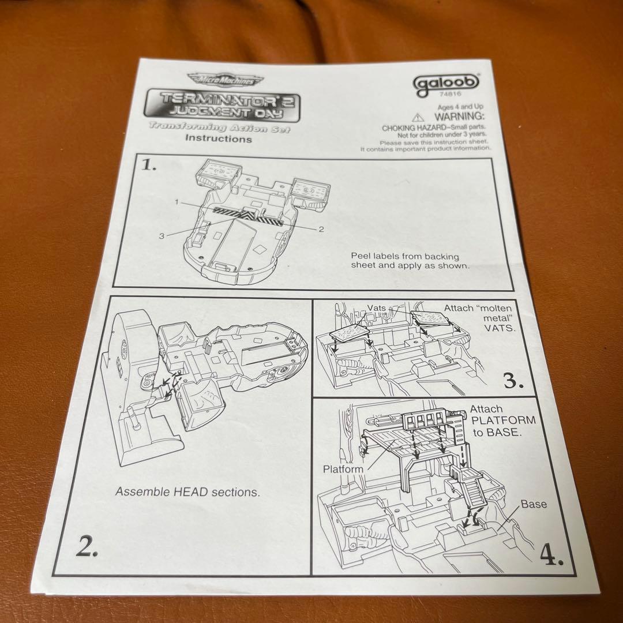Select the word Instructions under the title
coord(218,138)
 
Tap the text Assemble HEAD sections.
coord(187,492)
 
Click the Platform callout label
coord(343,469)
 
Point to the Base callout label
coord(534,504)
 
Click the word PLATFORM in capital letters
coord(503,420)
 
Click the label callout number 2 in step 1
coord(321,228)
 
